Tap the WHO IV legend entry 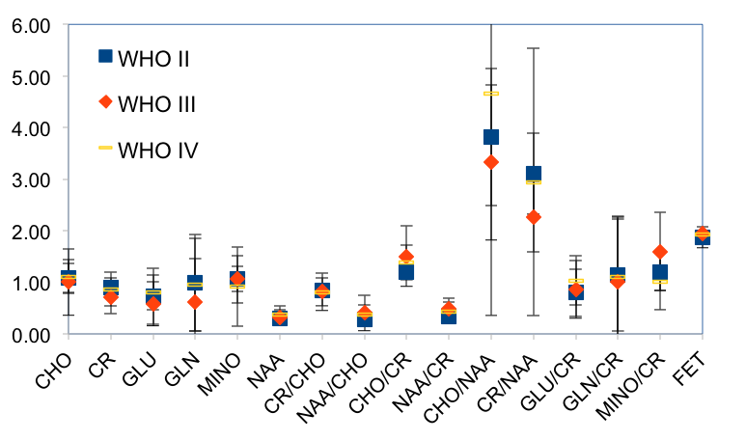[x=155, y=149]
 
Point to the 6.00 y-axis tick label [x=30, y=24]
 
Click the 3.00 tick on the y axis [x=30, y=179]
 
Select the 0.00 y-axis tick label [x=30, y=335]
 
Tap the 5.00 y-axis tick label [x=30, y=76]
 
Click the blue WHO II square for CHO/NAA [x=491, y=137]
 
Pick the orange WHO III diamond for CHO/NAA [x=491, y=162]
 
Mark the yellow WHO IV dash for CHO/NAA [x=491, y=94]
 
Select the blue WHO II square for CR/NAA [x=533, y=174]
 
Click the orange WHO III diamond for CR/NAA [x=533, y=217]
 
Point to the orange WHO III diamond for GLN [x=195, y=302]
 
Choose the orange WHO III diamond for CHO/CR [x=406, y=257]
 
